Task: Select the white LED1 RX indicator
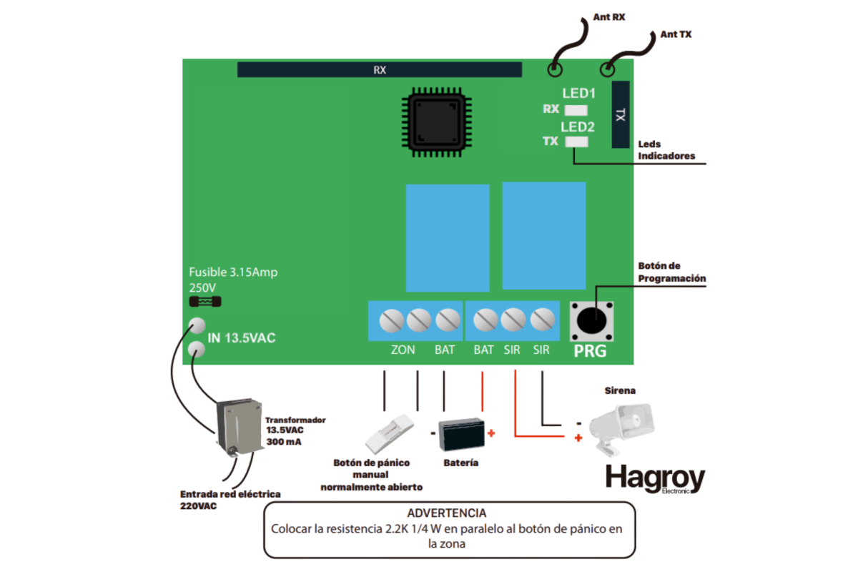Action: [x=576, y=110]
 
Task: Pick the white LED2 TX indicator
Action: [x=576, y=142]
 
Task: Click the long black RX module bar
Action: [x=380, y=69]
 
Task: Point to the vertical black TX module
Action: [x=621, y=114]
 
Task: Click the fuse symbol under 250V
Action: [x=204, y=302]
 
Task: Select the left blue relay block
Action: [x=448, y=237]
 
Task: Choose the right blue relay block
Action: [x=544, y=235]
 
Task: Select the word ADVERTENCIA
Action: [x=447, y=513]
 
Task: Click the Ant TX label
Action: [x=676, y=34]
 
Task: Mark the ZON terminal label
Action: [x=403, y=350]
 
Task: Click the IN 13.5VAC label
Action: [x=241, y=338]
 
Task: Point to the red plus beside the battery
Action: [x=491, y=433]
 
